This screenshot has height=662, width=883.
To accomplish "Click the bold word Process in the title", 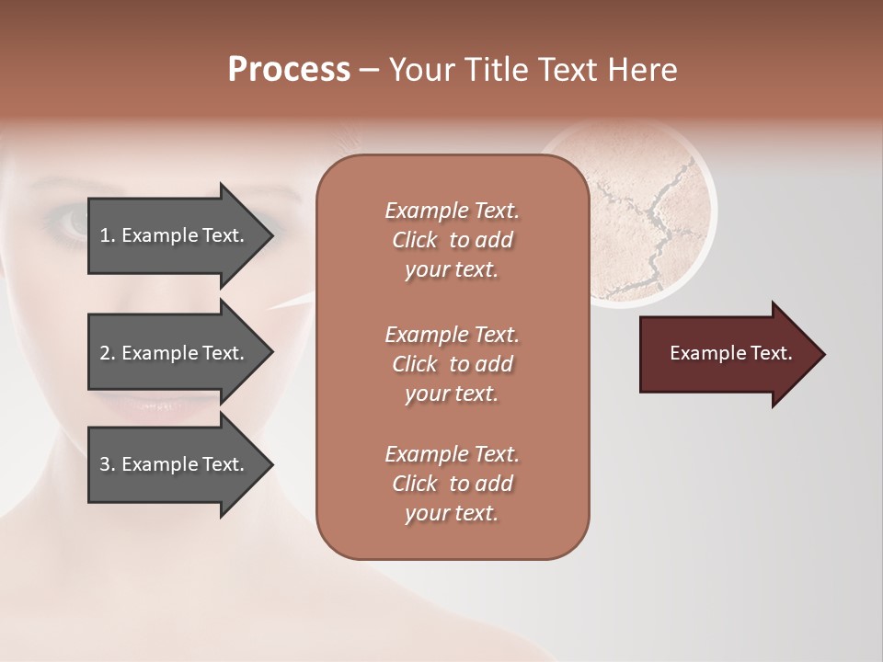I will point(289,70).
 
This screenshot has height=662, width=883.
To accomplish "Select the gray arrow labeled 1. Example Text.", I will point(175,235).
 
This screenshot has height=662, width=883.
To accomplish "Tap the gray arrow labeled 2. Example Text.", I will point(175,353).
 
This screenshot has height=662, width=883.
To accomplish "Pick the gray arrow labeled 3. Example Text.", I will point(175,464).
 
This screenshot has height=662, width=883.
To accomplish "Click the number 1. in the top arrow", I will point(108,235).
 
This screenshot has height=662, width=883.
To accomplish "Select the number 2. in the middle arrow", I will point(108,353).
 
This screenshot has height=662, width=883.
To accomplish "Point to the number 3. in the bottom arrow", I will point(108,464).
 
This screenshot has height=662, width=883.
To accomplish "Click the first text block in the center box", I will point(452,240).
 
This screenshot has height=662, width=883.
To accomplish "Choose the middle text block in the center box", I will point(452,364).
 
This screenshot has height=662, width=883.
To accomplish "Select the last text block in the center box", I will point(452,484).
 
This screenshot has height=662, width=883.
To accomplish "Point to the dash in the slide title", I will point(370,71).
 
